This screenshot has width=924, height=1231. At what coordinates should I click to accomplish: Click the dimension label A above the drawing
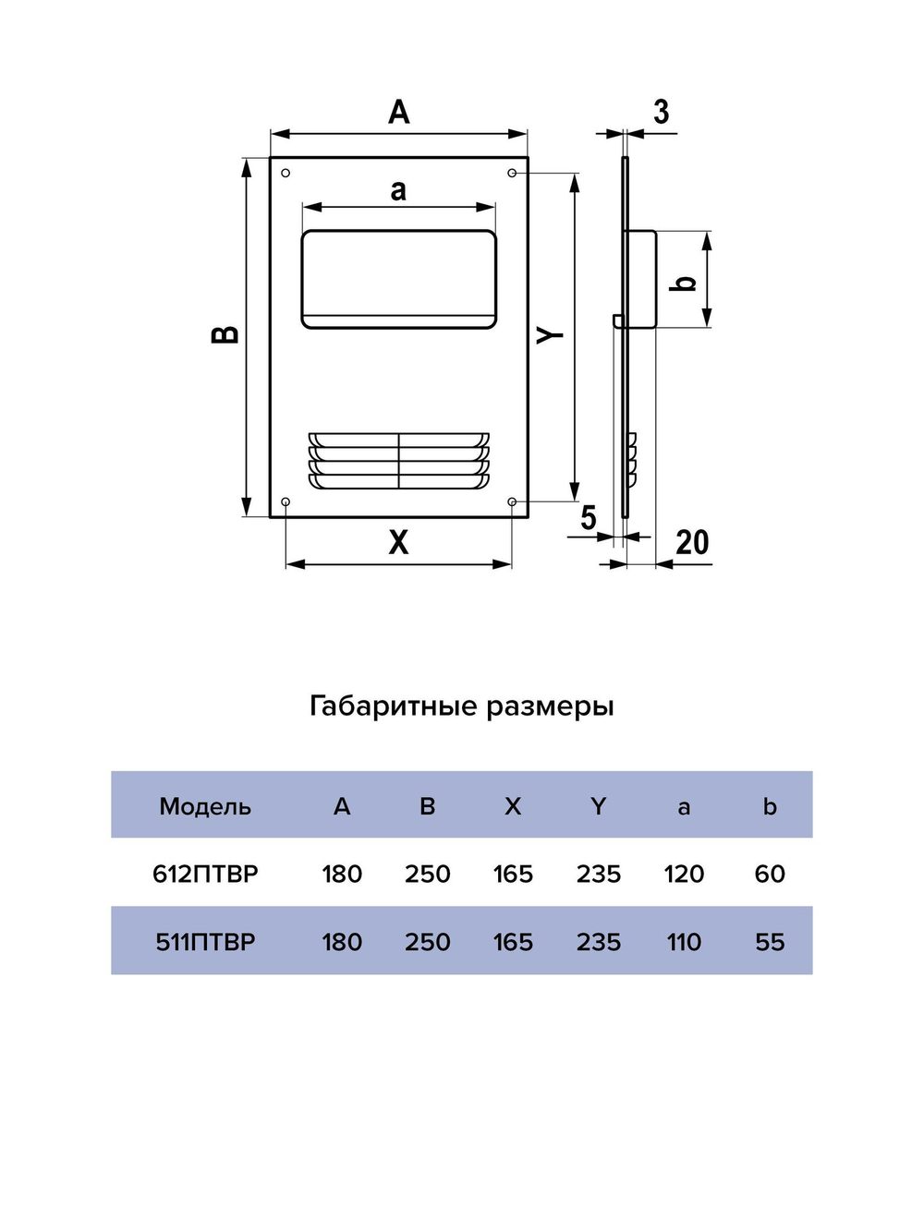(x=398, y=113)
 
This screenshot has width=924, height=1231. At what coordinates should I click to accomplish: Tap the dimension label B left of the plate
(x=226, y=334)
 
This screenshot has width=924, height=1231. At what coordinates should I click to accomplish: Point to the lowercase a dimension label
(x=398, y=190)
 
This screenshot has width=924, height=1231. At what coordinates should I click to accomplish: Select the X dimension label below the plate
(x=398, y=542)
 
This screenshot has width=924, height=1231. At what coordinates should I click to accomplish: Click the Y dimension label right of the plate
(x=551, y=334)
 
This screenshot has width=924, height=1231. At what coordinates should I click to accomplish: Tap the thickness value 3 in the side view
(x=661, y=113)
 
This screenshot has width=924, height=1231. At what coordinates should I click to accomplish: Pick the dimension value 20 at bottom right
(x=692, y=543)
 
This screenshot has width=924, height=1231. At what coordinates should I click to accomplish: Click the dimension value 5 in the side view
(x=589, y=518)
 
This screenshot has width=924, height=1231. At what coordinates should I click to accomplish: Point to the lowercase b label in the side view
(x=685, y=283)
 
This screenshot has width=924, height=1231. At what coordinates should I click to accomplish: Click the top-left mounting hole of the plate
(x=286, y=173)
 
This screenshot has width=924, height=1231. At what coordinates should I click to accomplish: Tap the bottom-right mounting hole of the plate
(x=512, y=501)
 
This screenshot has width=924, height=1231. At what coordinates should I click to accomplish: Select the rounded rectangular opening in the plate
(x=398, y=278)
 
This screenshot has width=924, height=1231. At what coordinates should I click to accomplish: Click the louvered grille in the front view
(x=398, y=460)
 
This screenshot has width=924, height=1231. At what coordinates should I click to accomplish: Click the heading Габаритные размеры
(x=461, y=706)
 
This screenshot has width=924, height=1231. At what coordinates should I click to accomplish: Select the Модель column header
(x=205, y=806)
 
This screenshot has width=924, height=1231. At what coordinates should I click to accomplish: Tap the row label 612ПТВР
(x=205, y=874)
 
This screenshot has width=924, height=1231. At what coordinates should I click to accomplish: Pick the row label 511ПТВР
(x=205, y=942)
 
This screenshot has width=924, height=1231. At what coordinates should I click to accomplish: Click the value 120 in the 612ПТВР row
(x=684, y=874)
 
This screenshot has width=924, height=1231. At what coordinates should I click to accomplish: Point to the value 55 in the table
(x=770, y=942)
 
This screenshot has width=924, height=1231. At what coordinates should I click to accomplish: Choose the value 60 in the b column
(x=770, y=874)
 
